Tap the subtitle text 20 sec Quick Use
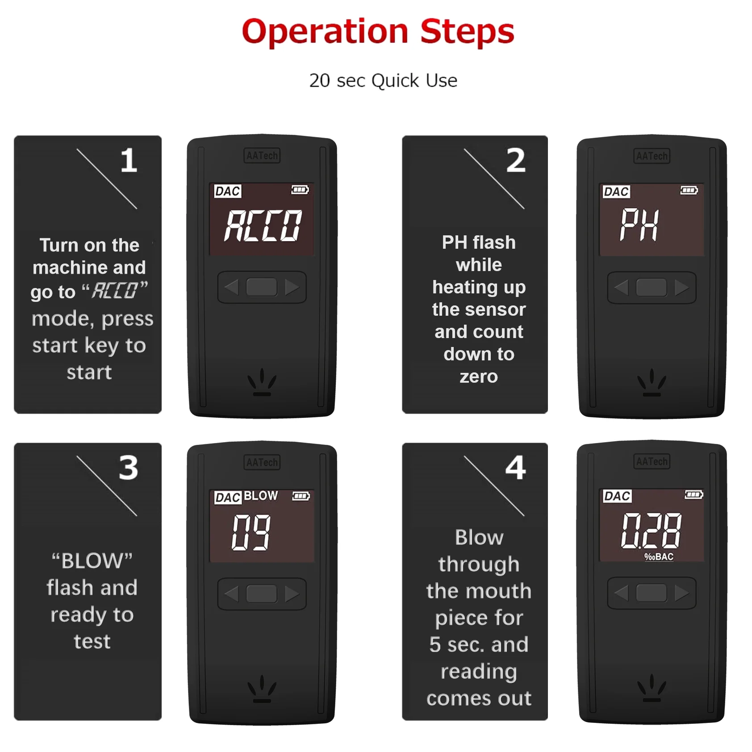pos(383,81)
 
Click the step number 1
pos(129,160)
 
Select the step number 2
pos(516,160)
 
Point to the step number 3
pos(129,468)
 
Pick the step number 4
pos(516,468)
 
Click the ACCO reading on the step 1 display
pos(263,226)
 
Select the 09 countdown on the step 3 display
pos(251,532)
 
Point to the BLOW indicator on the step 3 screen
pos(261,496)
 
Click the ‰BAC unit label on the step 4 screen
pos(659,557)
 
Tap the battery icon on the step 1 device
pos(300,190)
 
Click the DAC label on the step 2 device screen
pos(616,192)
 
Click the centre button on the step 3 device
pos(262,594)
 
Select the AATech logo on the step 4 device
pos(652,461)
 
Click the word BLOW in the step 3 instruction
pos(92,561)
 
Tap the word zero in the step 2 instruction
pos(479,376)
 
